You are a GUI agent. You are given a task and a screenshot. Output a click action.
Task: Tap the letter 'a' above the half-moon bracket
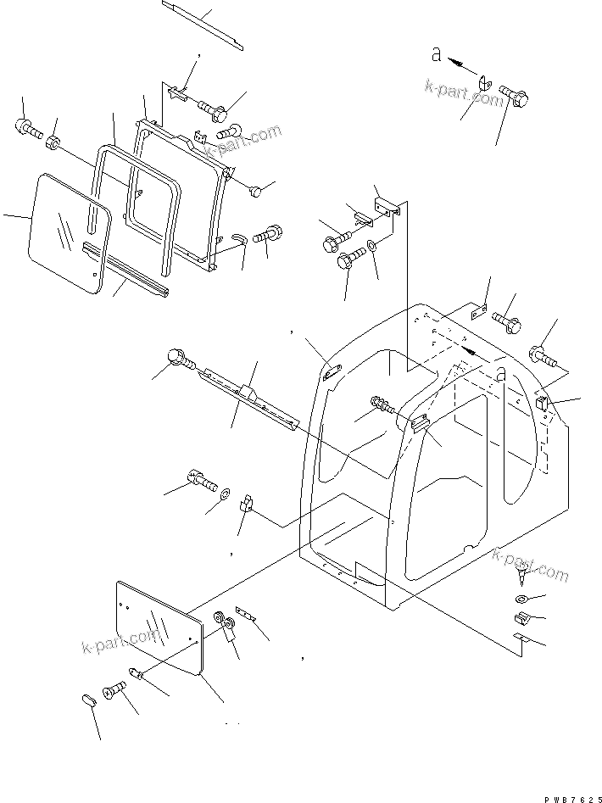click(x=437, y=54)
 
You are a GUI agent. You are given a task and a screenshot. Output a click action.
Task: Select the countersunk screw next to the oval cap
click(x=114, y=693)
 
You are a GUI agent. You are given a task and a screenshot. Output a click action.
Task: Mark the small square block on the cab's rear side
click(x=543, y=404)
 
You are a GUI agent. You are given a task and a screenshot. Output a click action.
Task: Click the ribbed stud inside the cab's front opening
click(x=383, y=406)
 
